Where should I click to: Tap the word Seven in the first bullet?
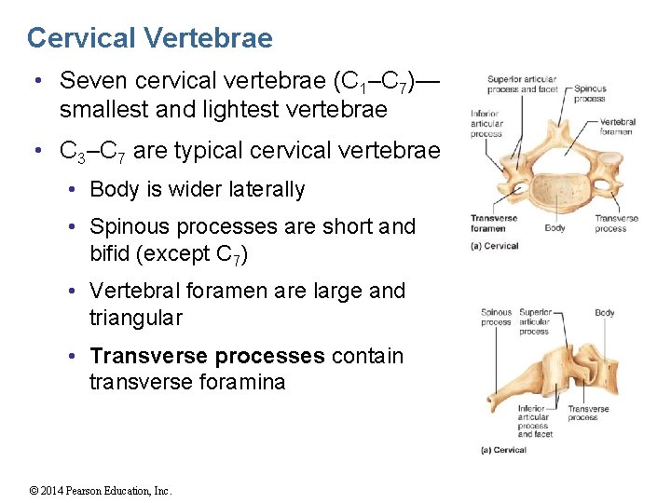(x=91, y=83)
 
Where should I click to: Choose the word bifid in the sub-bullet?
(x=114, y=252)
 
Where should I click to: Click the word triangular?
(x=136, y=318)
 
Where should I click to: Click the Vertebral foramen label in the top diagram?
(x=617, y=127)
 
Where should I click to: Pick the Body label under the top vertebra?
(x=555, y=228)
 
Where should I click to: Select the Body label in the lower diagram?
(x=604, y=313)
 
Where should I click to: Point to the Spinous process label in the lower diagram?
(x=496, y=318)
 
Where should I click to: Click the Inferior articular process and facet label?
(x=533, y=421)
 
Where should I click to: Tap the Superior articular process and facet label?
(x=522, y=85)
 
